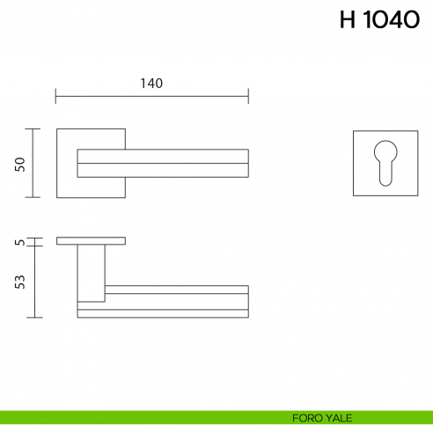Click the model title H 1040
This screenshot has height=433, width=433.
pyautogui.click(x=378, y=21)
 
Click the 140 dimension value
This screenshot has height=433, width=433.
pyautogui.click(x=151, y=84)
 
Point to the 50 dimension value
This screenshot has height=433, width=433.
pyautogui.click(x=20, y=164)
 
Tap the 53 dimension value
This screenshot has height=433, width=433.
pyautogui.click(x=20, y=282)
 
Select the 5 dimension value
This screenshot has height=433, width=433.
pyautogui.click(x=20, y=241)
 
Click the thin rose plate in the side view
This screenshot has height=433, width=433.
pyautogui.click(x=91, y=240)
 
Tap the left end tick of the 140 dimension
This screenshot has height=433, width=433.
pyautogui.click(x=56, y=95)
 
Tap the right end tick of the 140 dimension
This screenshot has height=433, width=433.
pyautogui.click(x=248, y=95)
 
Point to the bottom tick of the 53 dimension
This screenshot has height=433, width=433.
pyautogui.click(x=34, y=317)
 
